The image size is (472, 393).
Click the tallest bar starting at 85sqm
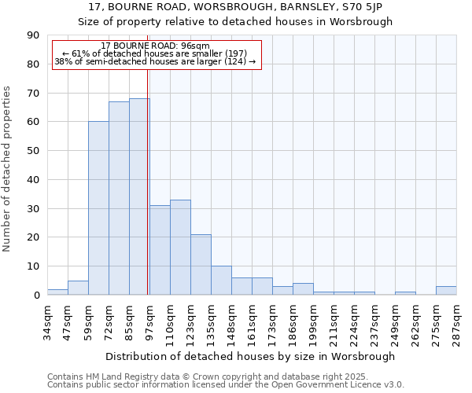(139, 196)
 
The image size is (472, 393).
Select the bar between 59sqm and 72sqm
(98, 208)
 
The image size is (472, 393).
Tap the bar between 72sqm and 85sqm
(119, 198)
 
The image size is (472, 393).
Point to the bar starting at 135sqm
(221, 281)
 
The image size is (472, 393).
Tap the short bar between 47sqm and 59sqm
(78, 288)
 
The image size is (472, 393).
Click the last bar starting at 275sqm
(446, 291)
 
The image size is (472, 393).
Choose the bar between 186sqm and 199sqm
(303, 289)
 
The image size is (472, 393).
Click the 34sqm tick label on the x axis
(47, 319)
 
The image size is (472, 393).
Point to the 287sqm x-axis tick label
(456, 320)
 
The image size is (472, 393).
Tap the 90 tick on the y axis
(33, 35)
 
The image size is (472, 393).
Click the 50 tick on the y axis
(33, 151)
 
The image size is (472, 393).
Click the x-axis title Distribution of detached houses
(249, 356)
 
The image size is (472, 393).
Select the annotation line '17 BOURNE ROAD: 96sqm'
(156, 46)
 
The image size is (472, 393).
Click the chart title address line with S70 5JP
(235, 6)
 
